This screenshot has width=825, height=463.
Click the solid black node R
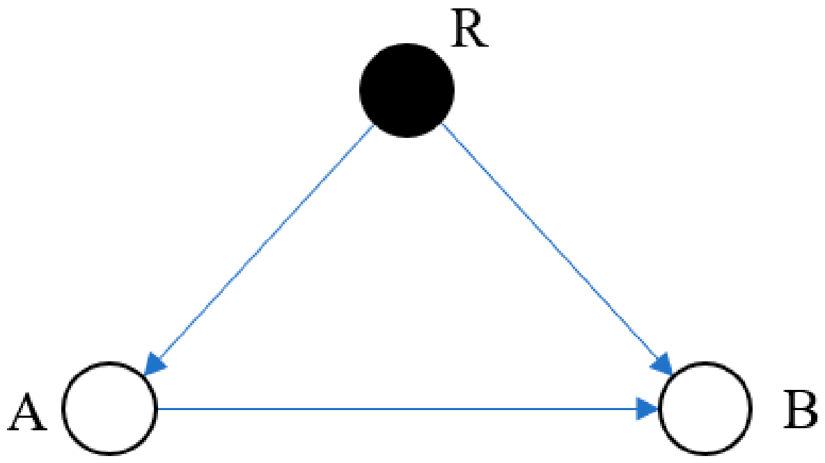tap(406, 90)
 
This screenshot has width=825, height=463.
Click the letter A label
tap(28, 413)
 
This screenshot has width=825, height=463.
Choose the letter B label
tap(800, 409)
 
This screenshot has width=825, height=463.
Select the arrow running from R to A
tap(258, 250)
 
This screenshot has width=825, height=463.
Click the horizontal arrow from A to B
tap(408, 408)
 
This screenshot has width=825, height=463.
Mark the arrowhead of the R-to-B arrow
tap(664, 365)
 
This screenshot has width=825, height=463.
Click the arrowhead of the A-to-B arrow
tap(648, 408)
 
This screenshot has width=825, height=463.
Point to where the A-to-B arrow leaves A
tap(158, 408)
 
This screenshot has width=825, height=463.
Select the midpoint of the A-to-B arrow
tap(408, 408)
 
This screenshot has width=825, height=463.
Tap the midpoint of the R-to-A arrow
tap(258, 250)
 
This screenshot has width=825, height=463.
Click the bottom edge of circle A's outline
tap(110, 455)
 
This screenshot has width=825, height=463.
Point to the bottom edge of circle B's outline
tap(705, 455)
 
